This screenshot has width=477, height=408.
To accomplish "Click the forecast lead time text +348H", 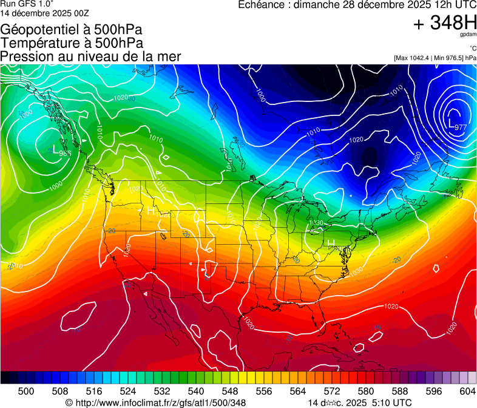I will click(445, 23).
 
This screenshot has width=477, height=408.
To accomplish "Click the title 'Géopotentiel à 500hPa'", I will click(75, 30).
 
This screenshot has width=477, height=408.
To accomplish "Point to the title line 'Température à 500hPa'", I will click(72, 43).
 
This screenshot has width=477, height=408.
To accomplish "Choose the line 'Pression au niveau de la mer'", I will click(90, 56).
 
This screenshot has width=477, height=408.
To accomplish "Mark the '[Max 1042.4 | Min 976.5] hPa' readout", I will click(435, 58).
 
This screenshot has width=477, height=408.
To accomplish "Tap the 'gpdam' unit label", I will click(468, 35).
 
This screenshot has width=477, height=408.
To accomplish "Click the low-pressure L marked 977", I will click(451, 124).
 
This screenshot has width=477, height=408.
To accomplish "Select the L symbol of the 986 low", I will click(55, 149).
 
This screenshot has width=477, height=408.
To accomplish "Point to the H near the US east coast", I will click(331, 242).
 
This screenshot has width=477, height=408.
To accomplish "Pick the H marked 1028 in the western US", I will click(150, 210).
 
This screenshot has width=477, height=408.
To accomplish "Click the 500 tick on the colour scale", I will click(26, 390).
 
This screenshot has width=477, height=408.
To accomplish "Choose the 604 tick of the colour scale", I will click(468, 390).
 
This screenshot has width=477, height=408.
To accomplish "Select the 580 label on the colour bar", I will click(366, 390).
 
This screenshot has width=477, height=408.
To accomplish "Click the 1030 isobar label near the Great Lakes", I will click(316, 223).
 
